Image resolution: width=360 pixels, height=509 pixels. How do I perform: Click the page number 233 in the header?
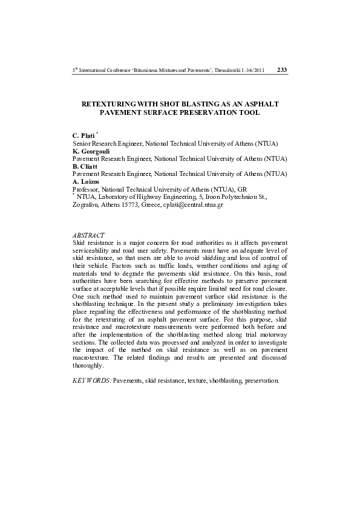pyautogui.click(x=282, y=70)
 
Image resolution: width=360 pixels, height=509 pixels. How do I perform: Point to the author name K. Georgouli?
pyautogui.click(x=91, y=151)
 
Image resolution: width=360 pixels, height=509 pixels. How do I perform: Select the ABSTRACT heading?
pyautogui.click(x=88, y=235)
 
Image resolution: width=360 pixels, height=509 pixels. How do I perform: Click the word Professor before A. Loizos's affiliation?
pyautogui.click(x=87, y=189)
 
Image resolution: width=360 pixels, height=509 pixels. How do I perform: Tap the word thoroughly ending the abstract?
pyautogui.click(x=88, y=366)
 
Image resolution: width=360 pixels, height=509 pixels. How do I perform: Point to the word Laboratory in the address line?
pyautogui.click(x=116, y=197)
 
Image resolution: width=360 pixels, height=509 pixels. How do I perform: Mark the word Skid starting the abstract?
pyautogui.click(x=79, y=242)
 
